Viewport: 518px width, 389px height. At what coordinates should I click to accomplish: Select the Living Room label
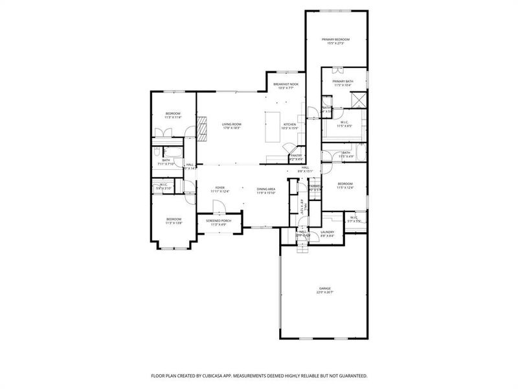pos(231,126)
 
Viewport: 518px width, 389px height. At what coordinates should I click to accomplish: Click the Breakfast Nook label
pos(286,86)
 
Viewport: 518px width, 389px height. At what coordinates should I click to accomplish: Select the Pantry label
pos(296,157)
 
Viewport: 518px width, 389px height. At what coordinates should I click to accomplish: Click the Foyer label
pos(220,189)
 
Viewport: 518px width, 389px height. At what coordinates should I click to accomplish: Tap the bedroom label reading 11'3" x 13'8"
pos(174,221)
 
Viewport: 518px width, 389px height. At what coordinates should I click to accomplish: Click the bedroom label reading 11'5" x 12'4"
pos(344,185)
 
